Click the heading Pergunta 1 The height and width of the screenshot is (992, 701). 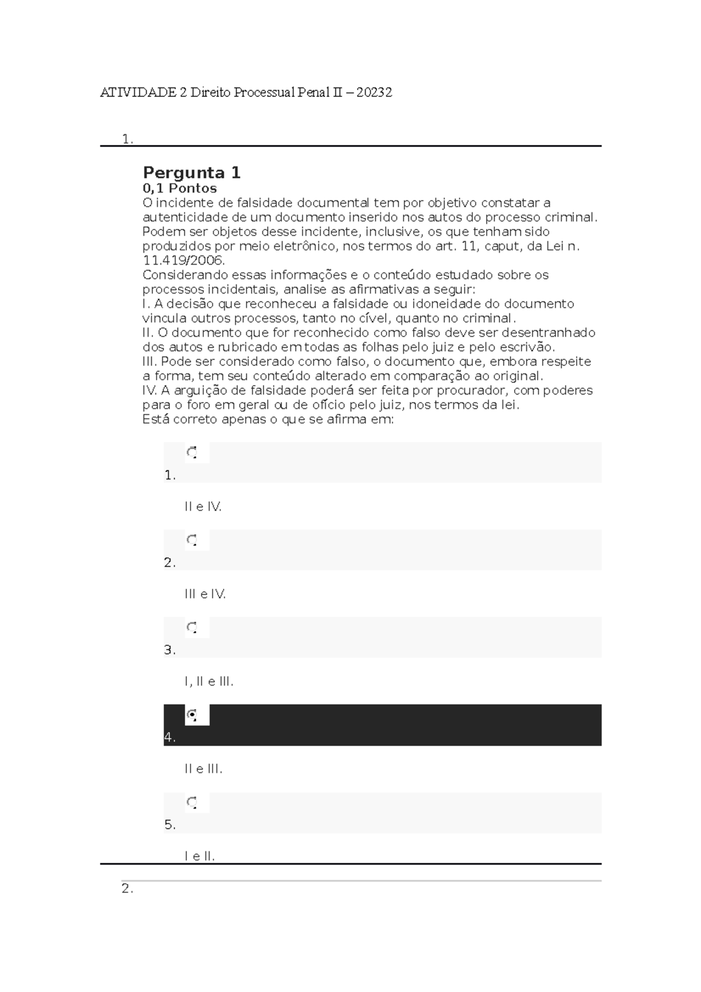[192, 173]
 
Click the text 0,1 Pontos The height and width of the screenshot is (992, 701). [179, 188]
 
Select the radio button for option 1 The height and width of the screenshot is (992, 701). [192, 452]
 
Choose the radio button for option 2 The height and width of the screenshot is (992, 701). [192, 540]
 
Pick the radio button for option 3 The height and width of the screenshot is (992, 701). [192, 627]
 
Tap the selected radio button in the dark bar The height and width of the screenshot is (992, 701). [192, 714]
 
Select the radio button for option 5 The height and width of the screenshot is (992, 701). [192, 802]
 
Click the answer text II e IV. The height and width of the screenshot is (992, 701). [203, 507]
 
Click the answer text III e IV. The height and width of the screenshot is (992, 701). [204, 594]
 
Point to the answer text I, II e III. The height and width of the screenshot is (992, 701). [209, 681]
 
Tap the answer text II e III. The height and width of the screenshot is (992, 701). [203, 769]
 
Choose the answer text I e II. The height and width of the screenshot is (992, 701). [200, 856]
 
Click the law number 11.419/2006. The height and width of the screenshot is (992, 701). [183, 260]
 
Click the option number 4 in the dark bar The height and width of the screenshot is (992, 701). [169, 737]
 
